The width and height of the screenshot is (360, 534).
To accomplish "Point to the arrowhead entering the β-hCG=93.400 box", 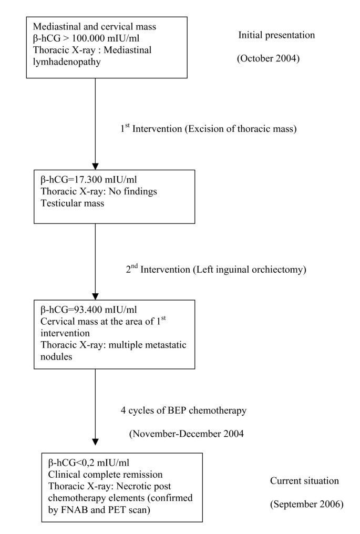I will [x=95, y=296].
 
